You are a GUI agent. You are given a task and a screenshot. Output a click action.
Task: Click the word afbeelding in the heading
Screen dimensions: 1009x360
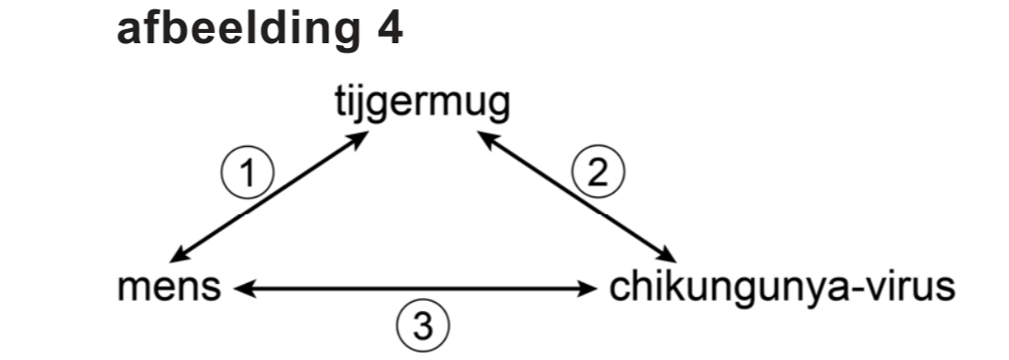[x=232, y=30]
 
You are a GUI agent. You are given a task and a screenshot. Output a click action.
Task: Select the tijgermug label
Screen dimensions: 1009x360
[x=423, y=105]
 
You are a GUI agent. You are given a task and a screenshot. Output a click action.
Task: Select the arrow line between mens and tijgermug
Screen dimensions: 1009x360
[x=270, y=196]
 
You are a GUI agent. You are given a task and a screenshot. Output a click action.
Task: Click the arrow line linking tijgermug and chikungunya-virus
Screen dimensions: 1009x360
[x=577, y=196]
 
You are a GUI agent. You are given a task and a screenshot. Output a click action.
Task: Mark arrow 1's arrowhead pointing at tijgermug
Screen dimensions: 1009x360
[x=359, y=138]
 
